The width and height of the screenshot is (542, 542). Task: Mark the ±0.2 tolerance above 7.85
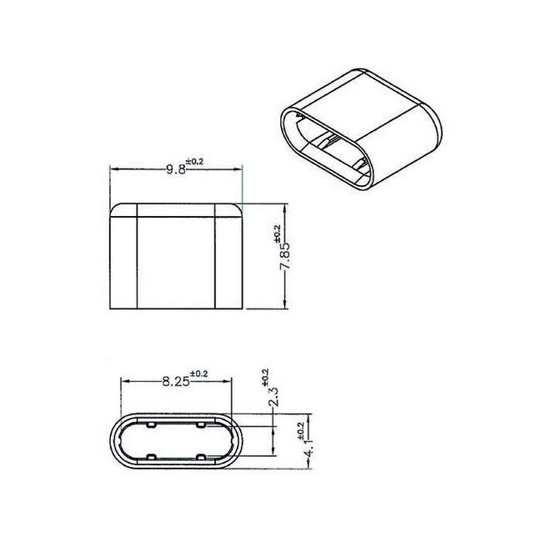point(278,233)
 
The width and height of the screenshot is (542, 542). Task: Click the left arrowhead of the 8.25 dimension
point(126,382)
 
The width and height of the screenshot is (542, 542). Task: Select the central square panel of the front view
point(176,260)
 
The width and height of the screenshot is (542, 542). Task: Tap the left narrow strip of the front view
point(123,260)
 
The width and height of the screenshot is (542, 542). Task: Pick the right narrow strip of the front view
point(228,260)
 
